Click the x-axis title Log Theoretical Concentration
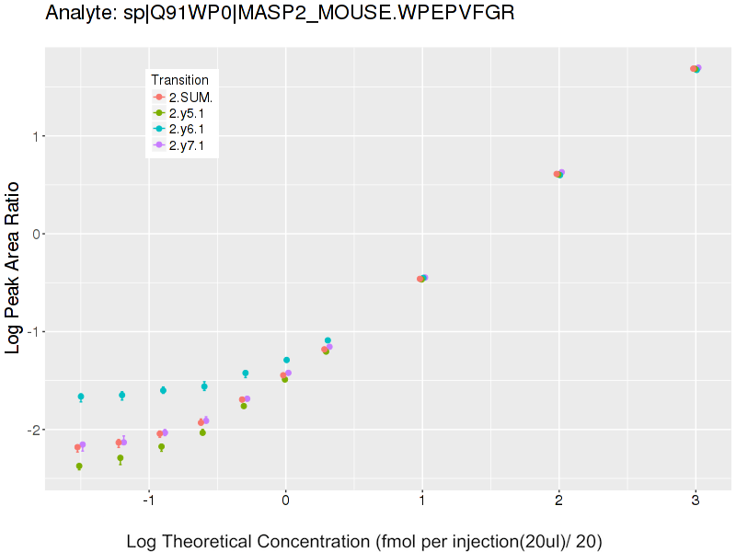(364, 541)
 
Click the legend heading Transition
(179, 80)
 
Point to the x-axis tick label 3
(696, 501)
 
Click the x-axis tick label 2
(558, 501)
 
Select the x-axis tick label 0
(285, 501)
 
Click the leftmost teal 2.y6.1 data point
(81, 397)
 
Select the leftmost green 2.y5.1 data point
(79, 466)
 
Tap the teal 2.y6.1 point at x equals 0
(286, 360)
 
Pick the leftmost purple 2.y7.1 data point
(83, 445)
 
